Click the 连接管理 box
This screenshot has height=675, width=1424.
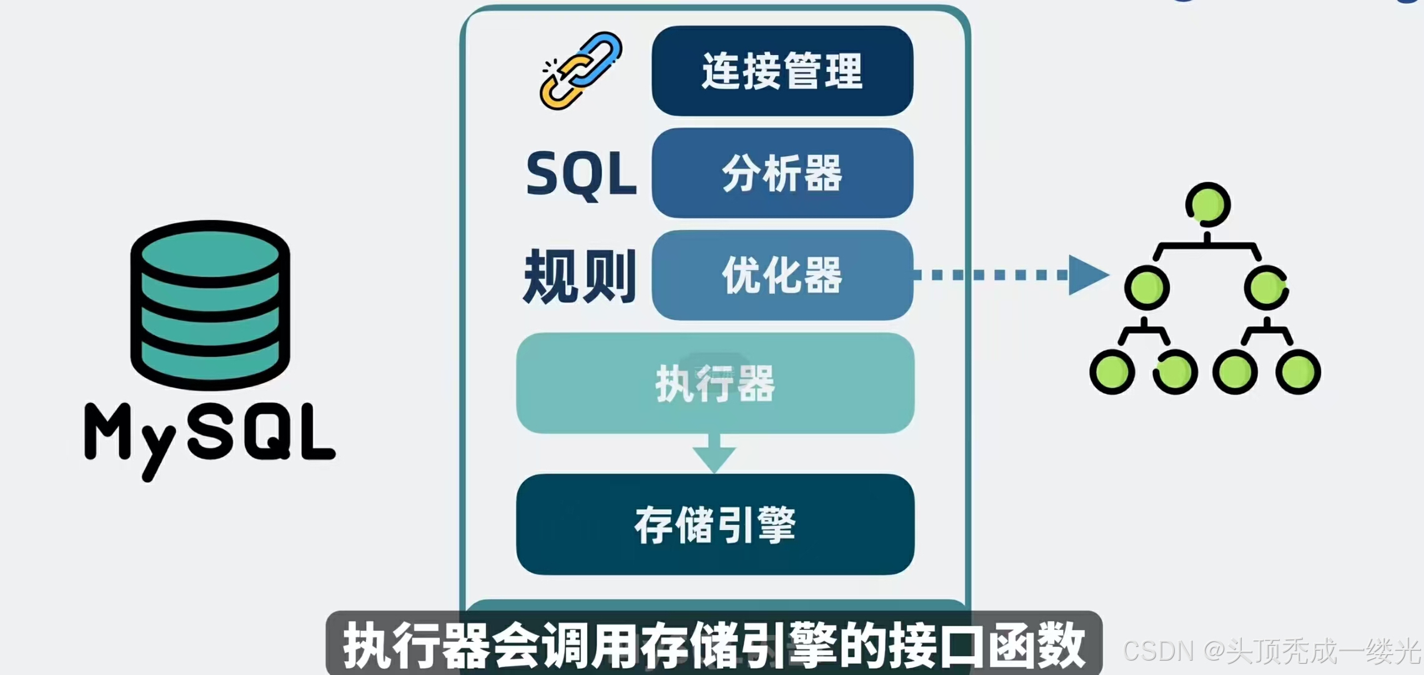tap(782, 71)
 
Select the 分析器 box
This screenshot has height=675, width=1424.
tap(782, 173)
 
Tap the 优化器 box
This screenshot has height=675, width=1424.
tap(782, 275)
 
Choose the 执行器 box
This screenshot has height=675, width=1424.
tap(715, 383)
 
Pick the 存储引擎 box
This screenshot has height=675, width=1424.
tap(715, 524)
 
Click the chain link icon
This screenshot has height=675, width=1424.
tap(581, 71)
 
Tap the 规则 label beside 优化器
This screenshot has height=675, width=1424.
tap(580, 276)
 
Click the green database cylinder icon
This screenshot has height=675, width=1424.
tap(210, 304)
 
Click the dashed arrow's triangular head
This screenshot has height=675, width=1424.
tap(1087, 275)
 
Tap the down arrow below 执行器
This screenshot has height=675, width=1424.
tap(714, 455)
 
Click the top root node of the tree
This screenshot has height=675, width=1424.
tap(1208, 205)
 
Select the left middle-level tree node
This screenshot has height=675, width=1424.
tap(1147, 287)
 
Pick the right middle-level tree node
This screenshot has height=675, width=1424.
tap(1266, 287)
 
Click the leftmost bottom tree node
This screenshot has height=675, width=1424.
tap(1112, 372)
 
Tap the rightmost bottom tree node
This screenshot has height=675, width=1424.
tap(1298, 372)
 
